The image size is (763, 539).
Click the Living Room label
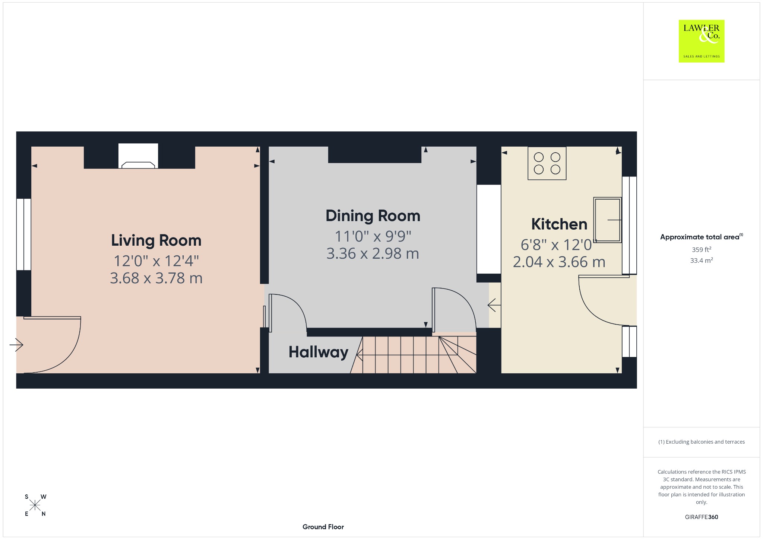point(156,240)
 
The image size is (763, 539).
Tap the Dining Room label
point(373,216)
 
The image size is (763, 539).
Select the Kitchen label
point(559,224)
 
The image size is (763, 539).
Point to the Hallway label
point(319,352)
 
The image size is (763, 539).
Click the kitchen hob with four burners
point(547,163)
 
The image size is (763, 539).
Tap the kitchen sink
point(608,220)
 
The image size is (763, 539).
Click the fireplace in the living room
point(138,156)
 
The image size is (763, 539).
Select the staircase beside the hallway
point(414,355)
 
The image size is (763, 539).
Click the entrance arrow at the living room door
point(16,345)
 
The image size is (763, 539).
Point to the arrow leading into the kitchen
point(494,305)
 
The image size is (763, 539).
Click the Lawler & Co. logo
point(702,41)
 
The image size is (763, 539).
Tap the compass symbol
point(35,505)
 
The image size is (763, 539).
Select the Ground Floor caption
point(323,527)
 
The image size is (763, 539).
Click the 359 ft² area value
point(702,249)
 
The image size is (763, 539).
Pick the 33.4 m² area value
point(702,260)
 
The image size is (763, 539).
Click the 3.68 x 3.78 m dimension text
point(156,278)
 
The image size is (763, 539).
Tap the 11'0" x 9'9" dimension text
point(373,236)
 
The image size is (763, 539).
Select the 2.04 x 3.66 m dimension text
point(559,262)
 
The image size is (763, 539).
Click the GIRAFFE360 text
point(702,517)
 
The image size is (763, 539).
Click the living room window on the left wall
point(23,234)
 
